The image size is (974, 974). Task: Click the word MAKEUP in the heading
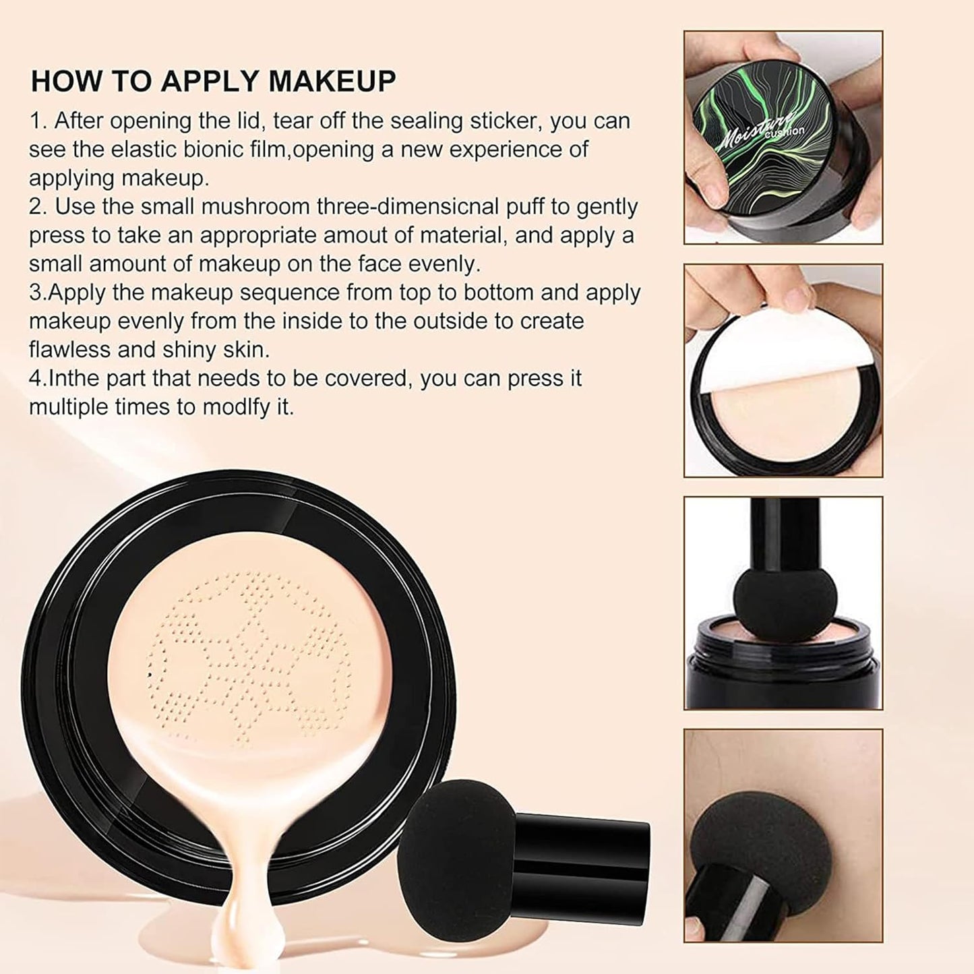point(332,81)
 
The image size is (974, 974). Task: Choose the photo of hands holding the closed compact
point(783,138)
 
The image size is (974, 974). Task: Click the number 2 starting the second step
point(35,206)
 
